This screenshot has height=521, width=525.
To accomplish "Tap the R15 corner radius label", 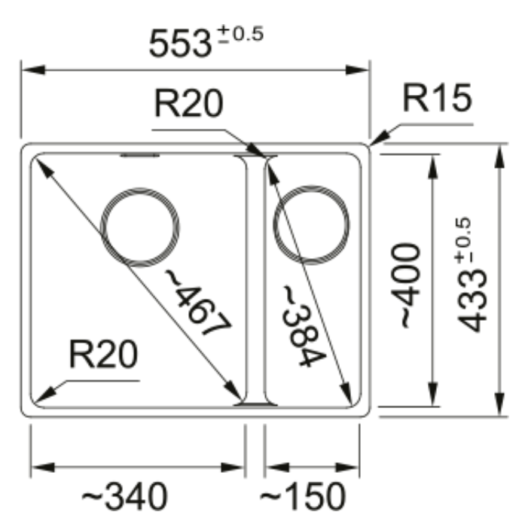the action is pyautogui.click(x=437, y=98).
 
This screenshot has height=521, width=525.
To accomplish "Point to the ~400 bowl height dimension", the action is pyautogui.click(x=405, y=285).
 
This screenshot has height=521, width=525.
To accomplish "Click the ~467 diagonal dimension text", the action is pyautogui.click(x=198, y=303).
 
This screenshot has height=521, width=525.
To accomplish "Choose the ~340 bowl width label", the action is pyautogui.click(x=124, y=497).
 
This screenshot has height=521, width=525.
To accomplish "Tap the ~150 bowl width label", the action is pyautogui.click(x=302, y=497).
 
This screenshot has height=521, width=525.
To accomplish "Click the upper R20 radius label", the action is pyautogui.click(x=188, y=103).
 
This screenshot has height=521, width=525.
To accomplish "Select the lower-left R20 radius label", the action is pyautogui.click(x=103, y=354).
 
